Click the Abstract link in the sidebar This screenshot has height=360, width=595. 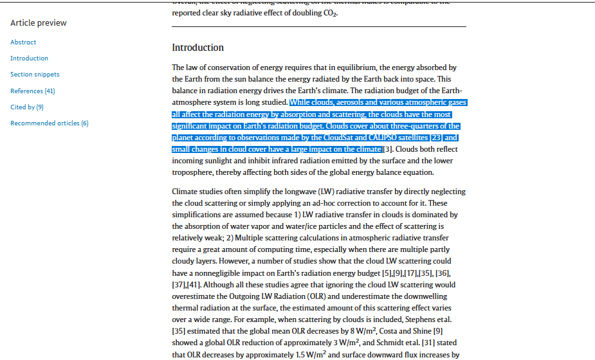[23, 42]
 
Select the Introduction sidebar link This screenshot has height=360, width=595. [29, 59]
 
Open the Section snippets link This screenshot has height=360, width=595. [35, 75]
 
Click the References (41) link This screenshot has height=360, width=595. [32, 91]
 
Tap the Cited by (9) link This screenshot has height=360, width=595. [27, 107]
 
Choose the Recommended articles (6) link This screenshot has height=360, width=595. [49, 123]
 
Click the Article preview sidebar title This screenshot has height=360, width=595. [38, 23]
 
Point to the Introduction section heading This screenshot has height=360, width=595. [197, 48]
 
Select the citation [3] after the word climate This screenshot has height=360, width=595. [388, 149]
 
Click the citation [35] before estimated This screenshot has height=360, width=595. [179, 331]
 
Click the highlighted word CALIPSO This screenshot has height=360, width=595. [389, 138]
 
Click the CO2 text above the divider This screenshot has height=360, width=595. [330, 14]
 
